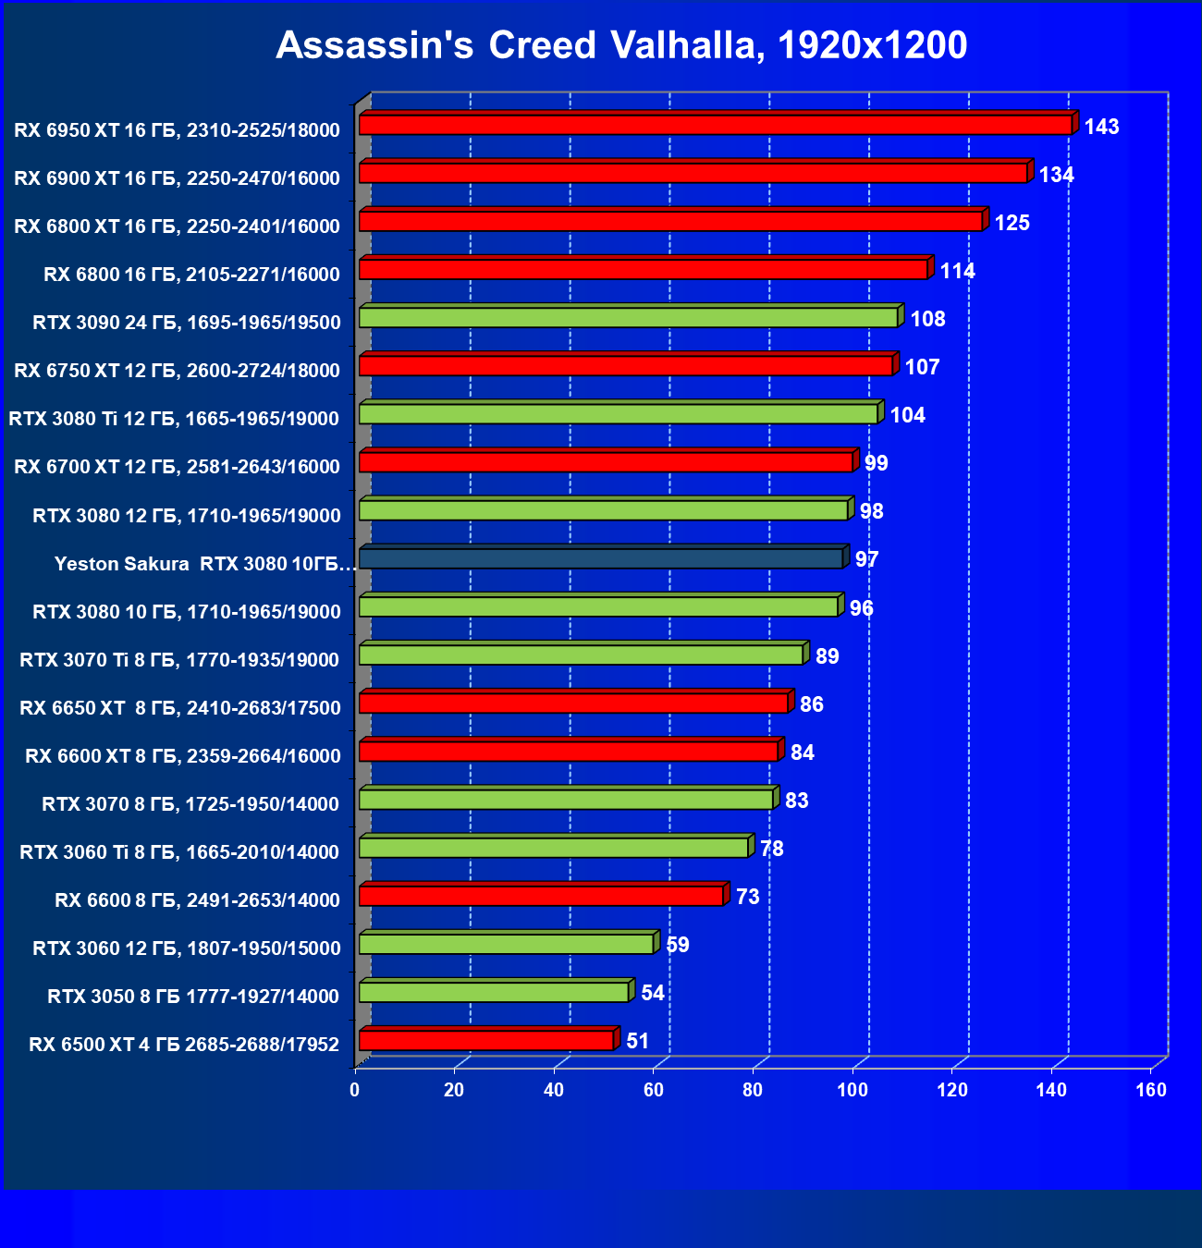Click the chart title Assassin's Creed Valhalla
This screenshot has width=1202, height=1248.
[x=621, y=45]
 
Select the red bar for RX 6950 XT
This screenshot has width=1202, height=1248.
[x=715, y=125]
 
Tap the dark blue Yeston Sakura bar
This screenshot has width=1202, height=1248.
[x=601, y=558]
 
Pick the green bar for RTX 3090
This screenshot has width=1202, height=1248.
[x=628, y=318]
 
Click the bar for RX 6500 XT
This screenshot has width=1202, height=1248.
[x=486, y=1041]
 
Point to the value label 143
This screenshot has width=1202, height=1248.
[x=1101, y=127]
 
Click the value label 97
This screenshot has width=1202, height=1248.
[x=866, y=559]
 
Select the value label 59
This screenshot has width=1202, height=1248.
[x=677, y=945]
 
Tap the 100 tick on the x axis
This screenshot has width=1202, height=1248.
[x=852, y=1090]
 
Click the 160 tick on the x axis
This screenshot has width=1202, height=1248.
[x=1151, y=1090]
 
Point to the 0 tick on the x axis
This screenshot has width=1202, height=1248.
[x=355, y=1090]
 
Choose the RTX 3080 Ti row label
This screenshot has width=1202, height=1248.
[x=174, y=419]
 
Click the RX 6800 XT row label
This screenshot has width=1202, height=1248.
[x=177, y=226]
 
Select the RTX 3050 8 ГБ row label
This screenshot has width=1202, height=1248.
[x=193, y=997]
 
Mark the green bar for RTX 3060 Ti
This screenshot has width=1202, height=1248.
[x=553, y=848]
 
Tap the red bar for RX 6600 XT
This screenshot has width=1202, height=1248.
[x=568, y=752]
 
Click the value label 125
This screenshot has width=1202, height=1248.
[x=1012, y=223]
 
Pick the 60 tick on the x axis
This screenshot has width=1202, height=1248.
[x=654, y=1090]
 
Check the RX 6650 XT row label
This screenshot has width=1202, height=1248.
[x=179, y=708]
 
